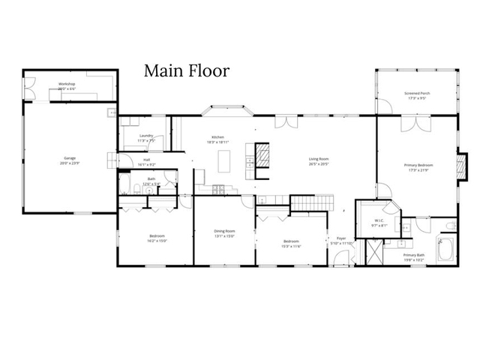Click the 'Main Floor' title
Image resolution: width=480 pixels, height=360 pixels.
(187, 71)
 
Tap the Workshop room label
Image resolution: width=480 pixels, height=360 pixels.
(67, 85)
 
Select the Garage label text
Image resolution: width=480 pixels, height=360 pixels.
(70, 160)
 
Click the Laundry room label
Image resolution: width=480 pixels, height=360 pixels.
(147, 137)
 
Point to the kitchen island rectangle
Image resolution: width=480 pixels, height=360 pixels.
(224, 160)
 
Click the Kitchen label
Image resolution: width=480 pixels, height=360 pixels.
(218, 139)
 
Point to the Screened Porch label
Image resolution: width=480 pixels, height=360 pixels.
(417, 95)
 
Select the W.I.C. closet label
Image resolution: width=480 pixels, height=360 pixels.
(379, 222)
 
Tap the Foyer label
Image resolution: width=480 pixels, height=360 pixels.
(342, 241)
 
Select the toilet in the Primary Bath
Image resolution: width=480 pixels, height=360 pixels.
(451, 226)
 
